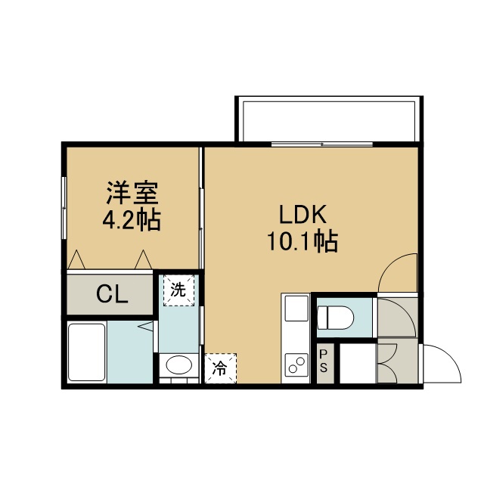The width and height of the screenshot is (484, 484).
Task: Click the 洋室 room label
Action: coord(132,193)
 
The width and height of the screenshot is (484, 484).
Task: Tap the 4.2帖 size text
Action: coord(132,219)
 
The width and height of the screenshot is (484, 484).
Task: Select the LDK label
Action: coord(302,215)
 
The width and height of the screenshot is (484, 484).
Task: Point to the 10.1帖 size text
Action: coord(302,241)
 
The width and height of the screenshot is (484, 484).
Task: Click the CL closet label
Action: coord(112,294)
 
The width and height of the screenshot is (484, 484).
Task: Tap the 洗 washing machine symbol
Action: coord(178,290)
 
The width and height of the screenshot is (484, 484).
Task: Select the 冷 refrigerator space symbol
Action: coord(220,368)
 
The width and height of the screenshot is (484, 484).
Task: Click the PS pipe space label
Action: coord(323,361)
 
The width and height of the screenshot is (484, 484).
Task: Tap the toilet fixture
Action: coord(336,318)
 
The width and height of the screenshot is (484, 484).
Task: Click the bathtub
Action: coord(86,352)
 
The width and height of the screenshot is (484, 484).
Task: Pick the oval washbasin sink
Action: coord(179,365)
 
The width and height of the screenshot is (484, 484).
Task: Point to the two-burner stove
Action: coord(296,365)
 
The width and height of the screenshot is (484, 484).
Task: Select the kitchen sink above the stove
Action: coord(296,308)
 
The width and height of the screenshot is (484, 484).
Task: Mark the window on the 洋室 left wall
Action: coord(64,207)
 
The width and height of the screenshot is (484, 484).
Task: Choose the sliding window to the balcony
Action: coord(322,144)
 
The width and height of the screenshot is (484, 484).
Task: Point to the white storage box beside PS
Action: coord(358,363)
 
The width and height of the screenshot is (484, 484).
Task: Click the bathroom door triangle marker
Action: coord(147,326)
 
